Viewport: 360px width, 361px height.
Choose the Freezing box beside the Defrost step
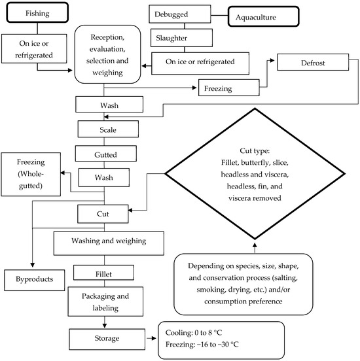coord(227,87)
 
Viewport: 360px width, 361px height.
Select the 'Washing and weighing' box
coord(109,241)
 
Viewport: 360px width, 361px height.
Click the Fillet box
coord(104,271)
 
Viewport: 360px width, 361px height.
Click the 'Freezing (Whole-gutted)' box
coord(29,174)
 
